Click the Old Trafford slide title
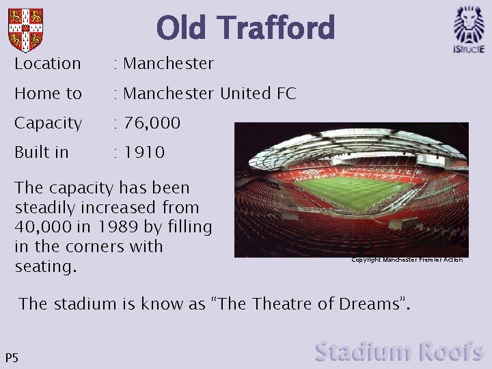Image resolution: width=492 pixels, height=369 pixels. coord(245,28)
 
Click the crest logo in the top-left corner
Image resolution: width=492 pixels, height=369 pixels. coord(25,30)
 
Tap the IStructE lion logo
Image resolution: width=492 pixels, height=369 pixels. coord(469,29)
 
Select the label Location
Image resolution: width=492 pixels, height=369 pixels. coord(48,64)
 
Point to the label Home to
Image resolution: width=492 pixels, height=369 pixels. coord(48,94)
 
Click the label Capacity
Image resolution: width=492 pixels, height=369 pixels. coord(48,124)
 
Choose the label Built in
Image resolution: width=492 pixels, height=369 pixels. coord(42,152)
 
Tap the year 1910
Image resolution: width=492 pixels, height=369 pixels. coord(144,152)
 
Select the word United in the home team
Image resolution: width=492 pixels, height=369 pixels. coord(245,94)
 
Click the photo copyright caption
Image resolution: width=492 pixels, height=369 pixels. coord(407,260)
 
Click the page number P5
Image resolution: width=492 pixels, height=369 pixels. coord(12,357)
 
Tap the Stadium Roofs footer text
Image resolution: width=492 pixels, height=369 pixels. coord(399,352)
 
